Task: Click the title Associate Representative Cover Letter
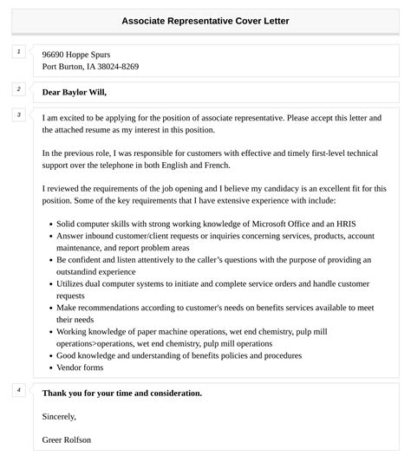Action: coord(205,20)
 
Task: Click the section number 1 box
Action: coord(18,52)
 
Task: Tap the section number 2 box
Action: coord(18,89)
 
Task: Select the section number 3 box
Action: coord(18,114)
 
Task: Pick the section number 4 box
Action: coord(18,390)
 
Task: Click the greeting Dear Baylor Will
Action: coord(80,92)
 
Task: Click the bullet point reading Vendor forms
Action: coord(81,368)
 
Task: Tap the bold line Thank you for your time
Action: coord(122,393)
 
